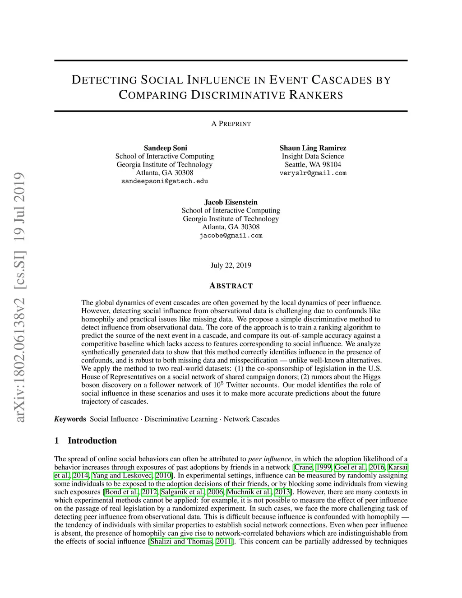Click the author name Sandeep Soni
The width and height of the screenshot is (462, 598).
pos(165,148)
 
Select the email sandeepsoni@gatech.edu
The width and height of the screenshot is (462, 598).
pos(165,181)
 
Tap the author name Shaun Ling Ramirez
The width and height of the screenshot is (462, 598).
pos(313,148)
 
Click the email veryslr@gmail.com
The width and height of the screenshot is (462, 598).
pos(313,173)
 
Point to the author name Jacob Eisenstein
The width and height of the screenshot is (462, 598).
pos(231,202)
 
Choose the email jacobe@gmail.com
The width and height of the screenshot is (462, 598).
pos(231,236)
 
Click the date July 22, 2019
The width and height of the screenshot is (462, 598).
pos(231,265)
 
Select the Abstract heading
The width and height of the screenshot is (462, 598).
pos(231,286)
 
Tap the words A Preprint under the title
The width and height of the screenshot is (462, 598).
pos(231,124)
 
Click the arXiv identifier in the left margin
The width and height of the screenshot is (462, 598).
pos(20,298)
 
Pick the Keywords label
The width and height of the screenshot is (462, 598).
pos(70,419)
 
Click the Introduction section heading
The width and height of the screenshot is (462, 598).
pos(92,440)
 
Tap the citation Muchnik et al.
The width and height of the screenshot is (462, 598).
pos(249,492)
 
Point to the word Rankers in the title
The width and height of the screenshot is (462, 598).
pos(316,95)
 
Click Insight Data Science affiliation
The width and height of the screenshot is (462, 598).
pos(313,156)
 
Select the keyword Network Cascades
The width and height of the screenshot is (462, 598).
pos(251,419)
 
